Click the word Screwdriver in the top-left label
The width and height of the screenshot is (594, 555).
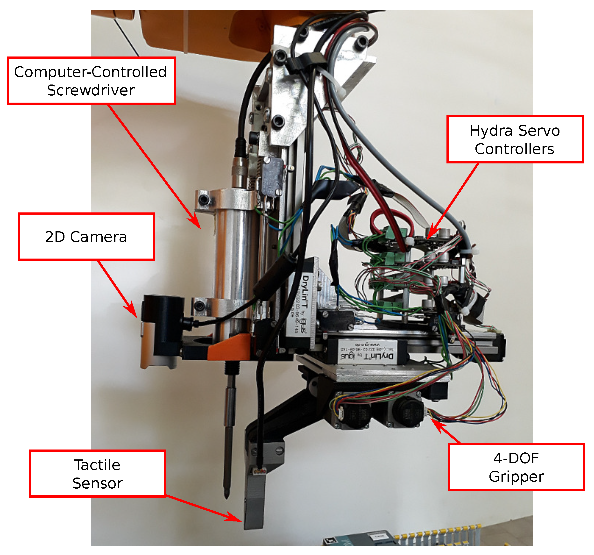point(91,90)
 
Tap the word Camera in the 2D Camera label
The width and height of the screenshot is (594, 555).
point(98,237)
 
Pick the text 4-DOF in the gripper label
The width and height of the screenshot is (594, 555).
point(516,458)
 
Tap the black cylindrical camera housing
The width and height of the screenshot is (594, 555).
point(163,324)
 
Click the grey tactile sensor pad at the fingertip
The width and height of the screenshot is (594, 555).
point(254,508)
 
